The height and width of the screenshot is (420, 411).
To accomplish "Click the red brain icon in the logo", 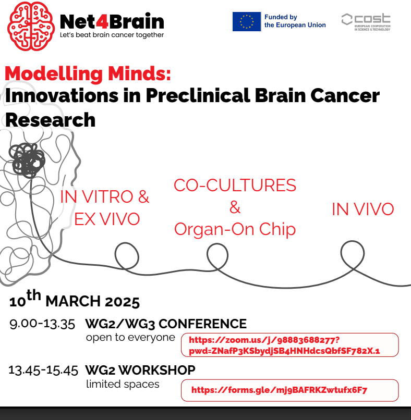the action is (x=31, y=26).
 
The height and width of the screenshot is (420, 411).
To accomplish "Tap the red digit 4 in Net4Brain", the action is (x=102, y=21).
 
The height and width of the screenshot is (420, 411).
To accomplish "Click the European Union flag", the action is (x=246, y=21).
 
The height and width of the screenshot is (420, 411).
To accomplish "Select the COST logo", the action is (x=366, y=22).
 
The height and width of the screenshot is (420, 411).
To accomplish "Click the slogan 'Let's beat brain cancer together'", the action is (x=112, y=35).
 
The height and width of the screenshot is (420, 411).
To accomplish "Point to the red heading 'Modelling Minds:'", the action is (x=88, y=73).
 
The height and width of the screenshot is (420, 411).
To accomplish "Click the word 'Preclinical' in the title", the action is (x=198, y=96).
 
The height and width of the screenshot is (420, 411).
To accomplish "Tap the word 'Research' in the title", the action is (x=51, y=120).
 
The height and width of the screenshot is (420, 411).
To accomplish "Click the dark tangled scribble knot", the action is (x=27, y=160).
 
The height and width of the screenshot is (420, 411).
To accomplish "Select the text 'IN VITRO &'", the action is (x=104, y=196).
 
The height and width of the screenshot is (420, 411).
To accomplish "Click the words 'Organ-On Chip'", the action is (x=235, y=230).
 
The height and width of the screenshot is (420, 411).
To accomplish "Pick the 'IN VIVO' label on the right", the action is (x=362, y=209).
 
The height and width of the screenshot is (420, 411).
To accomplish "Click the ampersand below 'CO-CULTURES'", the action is (x=235, y=207).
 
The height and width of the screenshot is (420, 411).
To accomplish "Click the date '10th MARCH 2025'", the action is (x=74, y=299).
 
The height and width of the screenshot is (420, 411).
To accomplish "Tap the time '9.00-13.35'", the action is (x=42, y=324).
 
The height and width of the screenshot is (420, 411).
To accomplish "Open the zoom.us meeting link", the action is (x=284, y=345).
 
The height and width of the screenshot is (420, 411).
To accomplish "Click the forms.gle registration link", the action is (x=279, y=390).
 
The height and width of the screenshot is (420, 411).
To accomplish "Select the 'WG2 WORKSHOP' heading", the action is (x=140, y=370).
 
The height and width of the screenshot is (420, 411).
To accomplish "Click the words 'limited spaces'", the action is (x=123, y=384).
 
